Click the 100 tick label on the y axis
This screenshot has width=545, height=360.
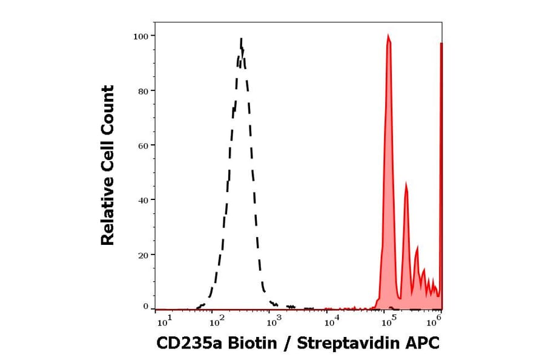(x=141, y=36)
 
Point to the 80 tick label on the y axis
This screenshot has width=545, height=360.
(x=143, y=91)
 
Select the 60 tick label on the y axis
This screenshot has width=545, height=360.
(x=143, y=145)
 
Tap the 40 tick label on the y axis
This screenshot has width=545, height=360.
(x=143, y=200)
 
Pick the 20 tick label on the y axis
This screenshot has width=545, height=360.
(x=143, y=255)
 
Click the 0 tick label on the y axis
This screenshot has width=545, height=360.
(x=145, y=307)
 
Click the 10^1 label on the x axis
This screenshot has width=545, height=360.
(x=164, y=318)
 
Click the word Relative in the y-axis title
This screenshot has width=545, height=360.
(x=107, y=216)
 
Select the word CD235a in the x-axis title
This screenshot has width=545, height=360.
(x=184, y=344)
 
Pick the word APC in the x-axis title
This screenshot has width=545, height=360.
(x=424, y=344)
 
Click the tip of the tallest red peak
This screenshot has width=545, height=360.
(x=388, y=36)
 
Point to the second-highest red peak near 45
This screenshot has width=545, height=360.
(x=406, y=185)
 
